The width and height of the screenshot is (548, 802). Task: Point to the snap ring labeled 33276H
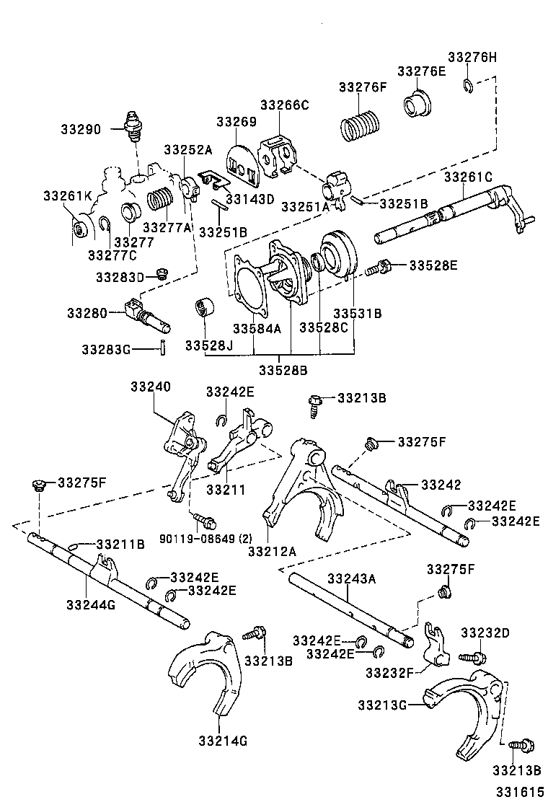tap(467, 87)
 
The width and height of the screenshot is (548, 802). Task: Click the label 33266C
tap(284, 105)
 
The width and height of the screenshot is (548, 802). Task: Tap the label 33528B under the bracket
tap(283, 370)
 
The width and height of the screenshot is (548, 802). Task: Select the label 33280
tap(87, 313)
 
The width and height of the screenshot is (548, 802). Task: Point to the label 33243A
tap(351, 578)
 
